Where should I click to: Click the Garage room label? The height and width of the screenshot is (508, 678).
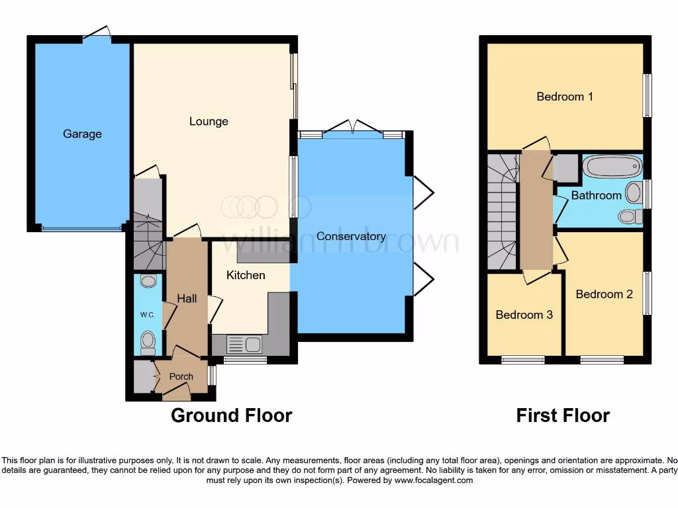(82, 134)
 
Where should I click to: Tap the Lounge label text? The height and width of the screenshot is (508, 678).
(209, 121)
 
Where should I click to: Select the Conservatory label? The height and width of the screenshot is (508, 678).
(351, 236)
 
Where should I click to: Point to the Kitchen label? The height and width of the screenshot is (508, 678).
(246, 275)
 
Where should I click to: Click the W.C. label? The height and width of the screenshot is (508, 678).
(147, 315)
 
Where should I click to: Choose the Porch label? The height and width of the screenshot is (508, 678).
(181, 376)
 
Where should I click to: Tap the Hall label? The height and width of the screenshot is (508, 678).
(187, 299)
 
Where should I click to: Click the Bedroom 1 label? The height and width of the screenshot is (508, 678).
(564, 97)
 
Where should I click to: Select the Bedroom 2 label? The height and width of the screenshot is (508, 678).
(603, 294)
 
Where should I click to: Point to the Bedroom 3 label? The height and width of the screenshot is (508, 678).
(524, 315)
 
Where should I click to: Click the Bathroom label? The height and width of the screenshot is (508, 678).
(596, 195)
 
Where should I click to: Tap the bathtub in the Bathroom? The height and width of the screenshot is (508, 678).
(612, 166)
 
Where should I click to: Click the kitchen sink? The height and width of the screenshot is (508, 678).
(244, 344)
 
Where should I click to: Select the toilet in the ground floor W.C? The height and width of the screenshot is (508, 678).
(148, 342)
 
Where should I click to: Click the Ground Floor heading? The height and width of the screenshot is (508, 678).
(231, 415)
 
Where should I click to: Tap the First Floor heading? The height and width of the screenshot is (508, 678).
(563, 415)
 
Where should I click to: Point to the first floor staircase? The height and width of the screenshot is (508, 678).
(503, 212)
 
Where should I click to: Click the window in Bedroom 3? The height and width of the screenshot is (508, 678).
(523, 360)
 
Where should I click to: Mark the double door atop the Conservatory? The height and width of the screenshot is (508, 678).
(354, 126)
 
